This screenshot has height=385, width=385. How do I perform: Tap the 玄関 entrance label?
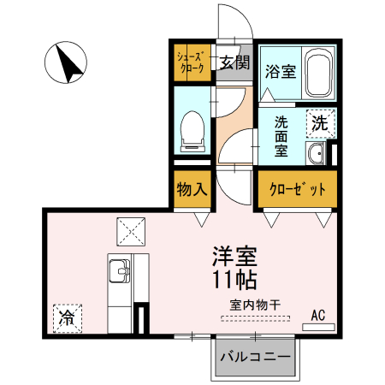coord(234,62)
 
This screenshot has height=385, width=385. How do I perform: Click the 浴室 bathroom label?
coord(280,71)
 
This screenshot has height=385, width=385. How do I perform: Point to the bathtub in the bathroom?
coord(319,71)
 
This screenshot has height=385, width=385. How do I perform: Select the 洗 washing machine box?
coord(319,121)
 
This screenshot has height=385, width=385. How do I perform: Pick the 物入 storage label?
coord(191,188)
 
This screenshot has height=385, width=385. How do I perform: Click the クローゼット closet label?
coord(294,189)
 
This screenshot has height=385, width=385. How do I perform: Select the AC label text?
coord(318,314)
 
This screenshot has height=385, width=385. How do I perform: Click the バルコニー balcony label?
coord(256,356)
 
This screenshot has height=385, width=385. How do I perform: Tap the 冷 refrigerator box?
coord(66,318)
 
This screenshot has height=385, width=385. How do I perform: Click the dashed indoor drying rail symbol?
coord(254,318)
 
